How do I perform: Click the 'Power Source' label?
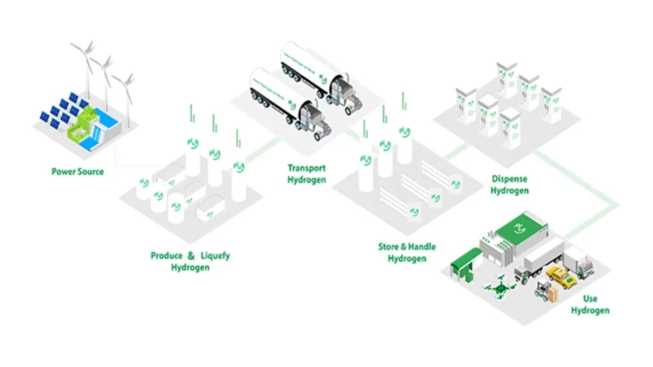pyautogui.click(x=78, y=172)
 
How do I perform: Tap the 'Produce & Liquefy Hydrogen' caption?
pyautogui.click(x=190, y=261)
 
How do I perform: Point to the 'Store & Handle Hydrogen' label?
pyautogui.click(x=406, y=252)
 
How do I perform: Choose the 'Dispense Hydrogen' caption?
pyautogui.click(x=510, y=184)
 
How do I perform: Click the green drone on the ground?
pyautogui.click(x=491, y=290)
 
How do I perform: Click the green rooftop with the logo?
pyautogui.click(x=519, y=228)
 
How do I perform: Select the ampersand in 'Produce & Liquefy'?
pyautogui.click(x=191, y=256)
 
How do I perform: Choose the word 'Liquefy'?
pyautogui.click(x=215, y=256)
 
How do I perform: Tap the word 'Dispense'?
pyautogui.click(x=510, y=179)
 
